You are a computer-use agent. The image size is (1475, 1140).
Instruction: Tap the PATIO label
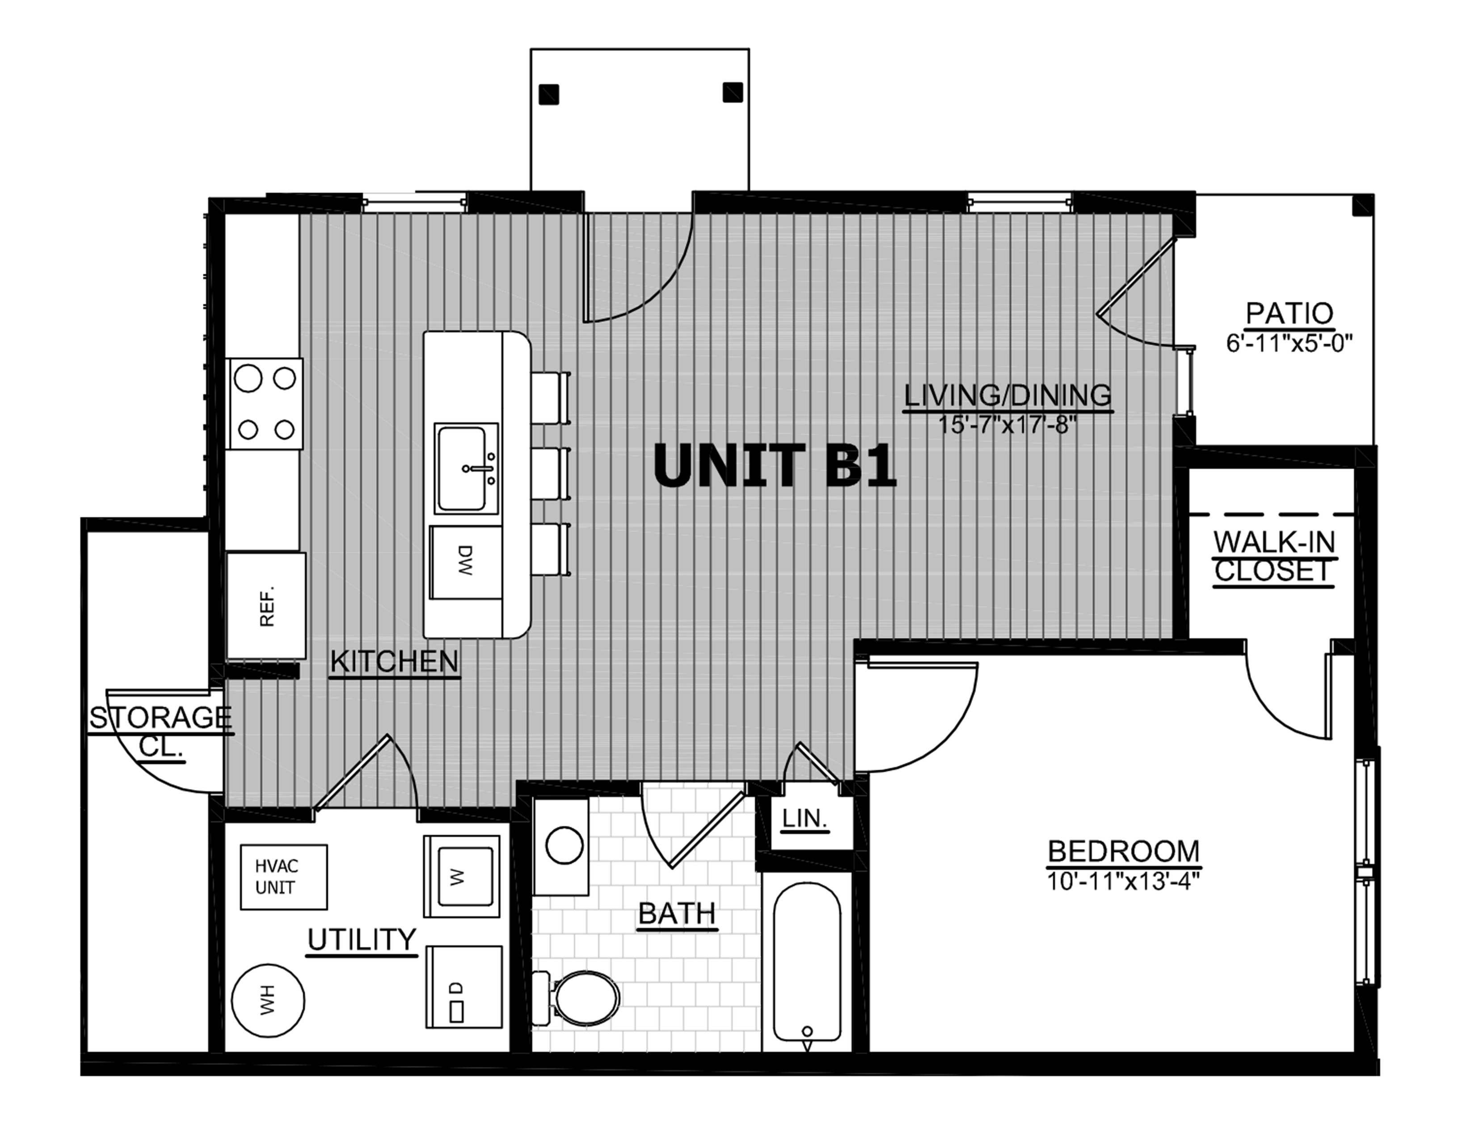point(1289,313)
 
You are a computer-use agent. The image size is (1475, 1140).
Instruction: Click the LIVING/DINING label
point(1007,395)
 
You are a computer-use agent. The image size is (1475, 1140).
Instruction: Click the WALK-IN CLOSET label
point(1274,557)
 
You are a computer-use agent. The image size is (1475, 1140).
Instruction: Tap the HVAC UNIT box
point(284,877)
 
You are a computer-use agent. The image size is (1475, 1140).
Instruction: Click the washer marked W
point(462,877)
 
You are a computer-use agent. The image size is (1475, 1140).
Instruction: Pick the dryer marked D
point(464,986)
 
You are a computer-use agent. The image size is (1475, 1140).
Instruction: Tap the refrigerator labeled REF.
point(266,606)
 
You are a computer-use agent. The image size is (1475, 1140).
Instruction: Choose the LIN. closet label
point(805,819)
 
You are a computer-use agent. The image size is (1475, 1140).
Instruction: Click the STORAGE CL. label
point(161,731)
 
